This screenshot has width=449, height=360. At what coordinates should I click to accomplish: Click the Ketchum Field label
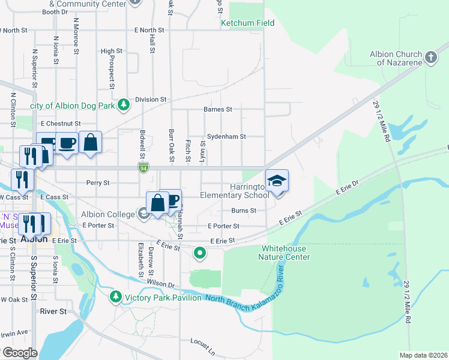247,23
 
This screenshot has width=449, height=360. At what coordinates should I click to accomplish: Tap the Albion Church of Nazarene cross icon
430,58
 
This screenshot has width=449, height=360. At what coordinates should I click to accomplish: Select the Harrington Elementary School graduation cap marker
277,181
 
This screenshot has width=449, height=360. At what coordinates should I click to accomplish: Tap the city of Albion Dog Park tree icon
124,106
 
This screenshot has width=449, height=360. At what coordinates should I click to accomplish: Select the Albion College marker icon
143,214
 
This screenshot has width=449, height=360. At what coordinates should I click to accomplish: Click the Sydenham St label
226,137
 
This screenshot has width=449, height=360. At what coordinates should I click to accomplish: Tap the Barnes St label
217,110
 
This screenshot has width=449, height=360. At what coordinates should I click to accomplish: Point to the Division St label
150,100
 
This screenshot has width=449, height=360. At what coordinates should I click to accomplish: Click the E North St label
149,30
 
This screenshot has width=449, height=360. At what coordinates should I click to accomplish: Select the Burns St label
244,211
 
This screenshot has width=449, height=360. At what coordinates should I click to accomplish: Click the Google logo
19,353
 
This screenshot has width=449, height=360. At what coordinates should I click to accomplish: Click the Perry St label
98,183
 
